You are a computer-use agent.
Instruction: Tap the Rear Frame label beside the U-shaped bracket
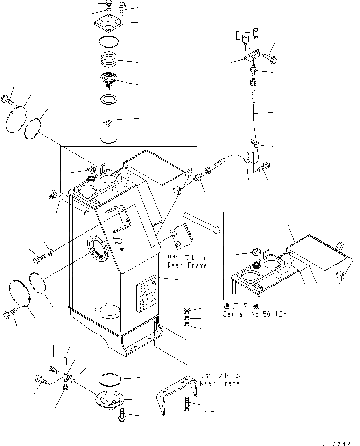point(219,379)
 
